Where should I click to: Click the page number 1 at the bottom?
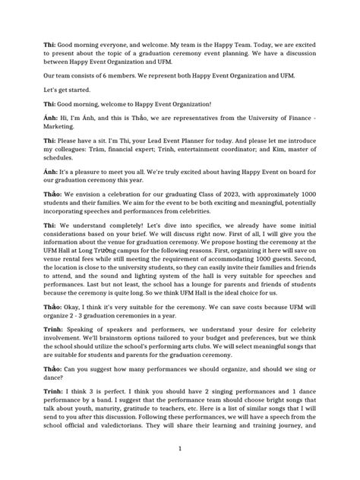(x=179, y=448)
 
